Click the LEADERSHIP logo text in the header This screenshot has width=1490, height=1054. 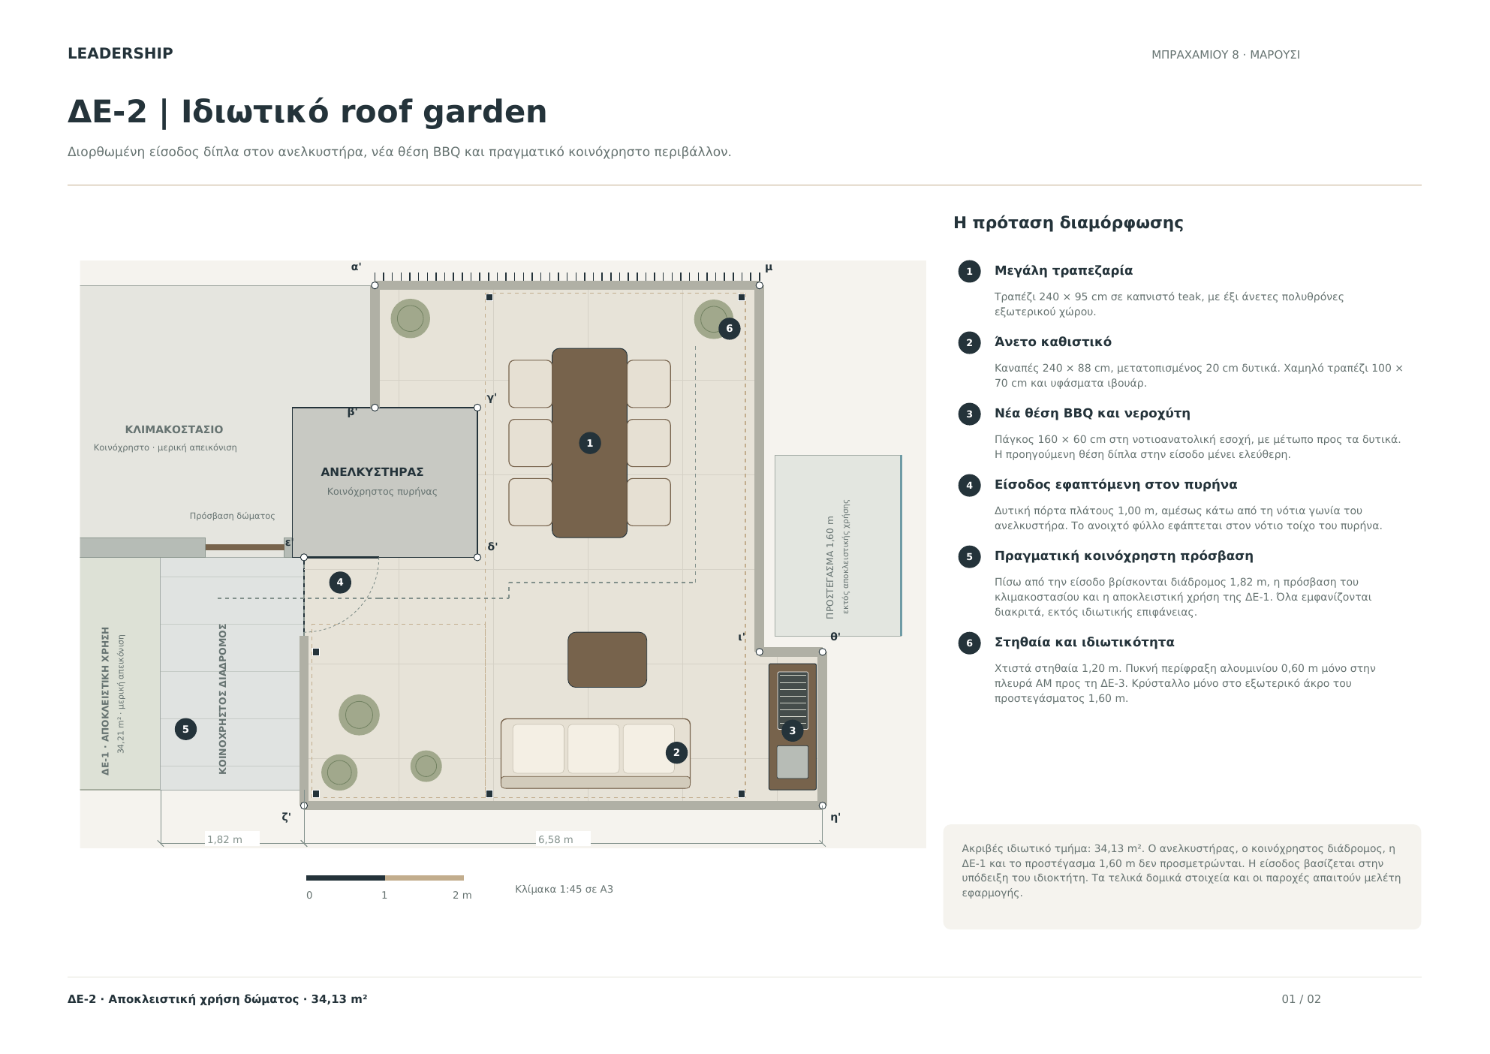[120, 53]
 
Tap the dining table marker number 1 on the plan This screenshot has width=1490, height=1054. [590, 443]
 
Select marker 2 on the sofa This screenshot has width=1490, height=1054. [676, 752]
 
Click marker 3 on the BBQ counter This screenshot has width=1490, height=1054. [792, 730]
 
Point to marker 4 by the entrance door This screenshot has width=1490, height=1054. [340, 582]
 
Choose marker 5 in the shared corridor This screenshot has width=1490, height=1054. [185, 729]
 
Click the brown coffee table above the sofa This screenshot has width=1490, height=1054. [607, 659]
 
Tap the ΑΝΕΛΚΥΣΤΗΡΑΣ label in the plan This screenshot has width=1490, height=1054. [372, 471]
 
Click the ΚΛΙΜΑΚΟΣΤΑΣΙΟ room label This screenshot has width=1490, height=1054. [174, 429]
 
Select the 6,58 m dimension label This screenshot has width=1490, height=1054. [555, 839]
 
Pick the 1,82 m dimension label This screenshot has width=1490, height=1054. [224, 839]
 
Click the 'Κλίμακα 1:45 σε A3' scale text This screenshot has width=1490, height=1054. [564, 889]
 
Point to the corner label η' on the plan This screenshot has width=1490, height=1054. [835, 818]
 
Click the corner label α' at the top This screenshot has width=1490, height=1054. [357, 267]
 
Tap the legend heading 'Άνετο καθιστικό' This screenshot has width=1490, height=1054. [1053, 342]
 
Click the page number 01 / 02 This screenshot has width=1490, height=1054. [1301, 998]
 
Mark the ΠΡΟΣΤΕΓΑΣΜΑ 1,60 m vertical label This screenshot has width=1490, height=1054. [829, 567]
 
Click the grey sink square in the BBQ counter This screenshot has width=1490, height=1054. [792, 762]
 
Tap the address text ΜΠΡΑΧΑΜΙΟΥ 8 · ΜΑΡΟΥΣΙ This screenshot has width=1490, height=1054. [1226, 55]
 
